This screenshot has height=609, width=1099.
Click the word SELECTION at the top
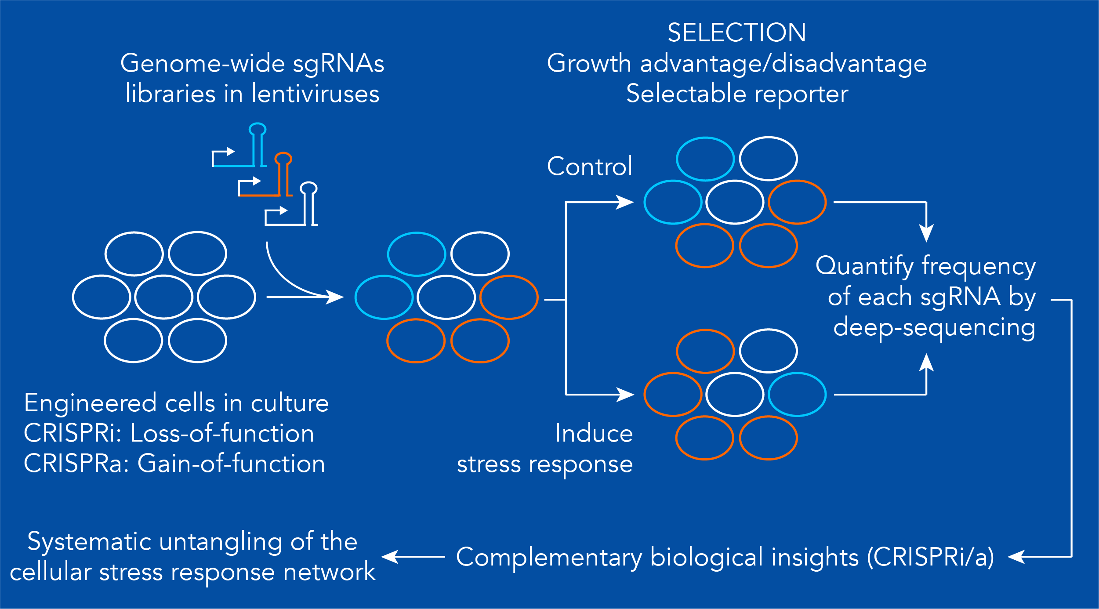pyautogui.click(x=736, y=33)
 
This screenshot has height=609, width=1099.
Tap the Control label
pyautogui.click(x=589, y=167)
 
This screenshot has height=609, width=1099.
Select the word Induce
pyautogui.click(x=594, y=433)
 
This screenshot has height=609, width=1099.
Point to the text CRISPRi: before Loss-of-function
pyautogui.click(x=73, y=433)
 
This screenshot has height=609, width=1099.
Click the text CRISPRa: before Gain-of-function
pyautogui.click(x=76, y=464)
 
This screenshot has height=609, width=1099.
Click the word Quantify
pyautogui.click(x=864, y=266)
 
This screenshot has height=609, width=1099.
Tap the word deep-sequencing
pyautogui.click(x=934, y=328)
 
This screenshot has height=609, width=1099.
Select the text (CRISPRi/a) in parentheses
pyautogui.click(x=930, y=557)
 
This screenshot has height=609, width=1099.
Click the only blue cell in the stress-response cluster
pyautogui.click(x=797, y=395)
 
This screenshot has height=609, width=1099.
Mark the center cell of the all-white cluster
pyautogui.click(x=163, y=297)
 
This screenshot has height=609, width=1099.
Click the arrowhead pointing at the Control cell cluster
pyautogui.click(x=625, y=202)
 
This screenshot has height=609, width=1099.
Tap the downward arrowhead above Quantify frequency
pyautogui.click(x=926, y=233)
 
